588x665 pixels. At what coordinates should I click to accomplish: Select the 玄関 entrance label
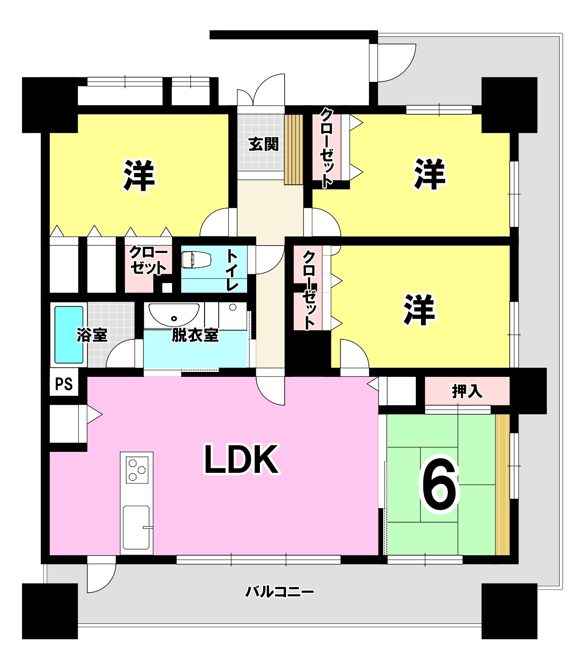[264, 144]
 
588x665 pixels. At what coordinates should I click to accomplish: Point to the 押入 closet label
[467, 391]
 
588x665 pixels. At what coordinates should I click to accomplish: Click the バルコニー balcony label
[280, 592]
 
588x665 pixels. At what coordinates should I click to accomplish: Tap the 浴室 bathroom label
[92, 335]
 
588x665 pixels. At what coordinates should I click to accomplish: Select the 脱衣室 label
[195, 335]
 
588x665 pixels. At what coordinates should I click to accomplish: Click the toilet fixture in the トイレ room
[196, 260]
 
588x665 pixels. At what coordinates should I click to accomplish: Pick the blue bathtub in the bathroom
[69, 335]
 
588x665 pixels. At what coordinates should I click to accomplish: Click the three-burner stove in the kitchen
[137, 470]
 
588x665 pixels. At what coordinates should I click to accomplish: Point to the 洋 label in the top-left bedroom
[139, 176]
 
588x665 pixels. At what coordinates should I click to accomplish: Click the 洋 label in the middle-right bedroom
[420, 310]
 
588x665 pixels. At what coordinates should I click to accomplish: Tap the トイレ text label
[232, 270]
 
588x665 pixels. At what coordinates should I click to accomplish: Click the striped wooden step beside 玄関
[294, 150]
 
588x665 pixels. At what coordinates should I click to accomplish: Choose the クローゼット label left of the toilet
[148, 260]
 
